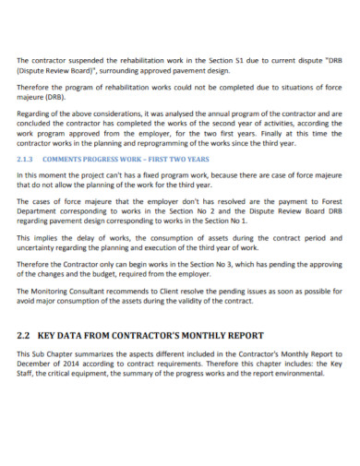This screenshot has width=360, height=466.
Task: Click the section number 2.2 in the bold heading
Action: (x=26, y=334)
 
